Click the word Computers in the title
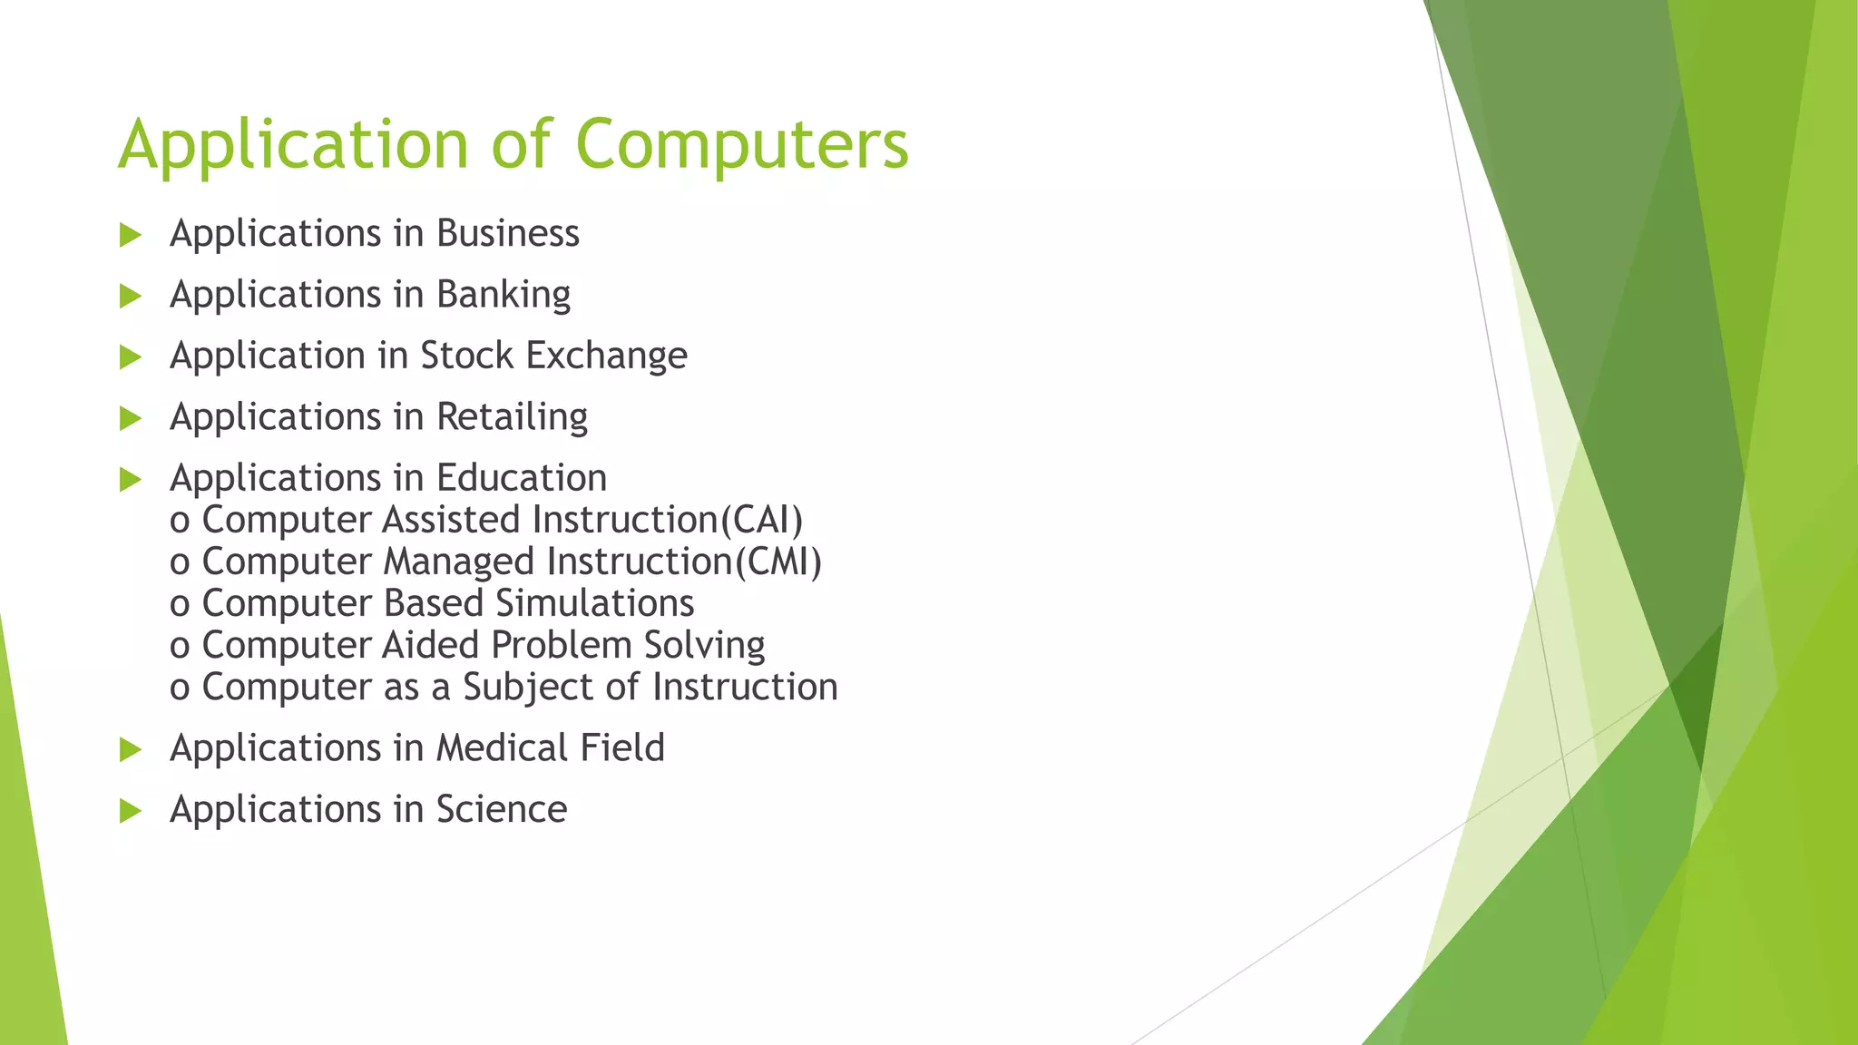[741, 143]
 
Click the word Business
[507, 233]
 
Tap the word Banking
[504, 295]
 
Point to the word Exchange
[606, 356]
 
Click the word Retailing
[512, 416]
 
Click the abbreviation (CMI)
[777, 562]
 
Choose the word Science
[501, 809]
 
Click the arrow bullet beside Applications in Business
[131, 235]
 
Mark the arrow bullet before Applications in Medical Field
[131, 749]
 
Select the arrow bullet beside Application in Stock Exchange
[131, 357]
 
